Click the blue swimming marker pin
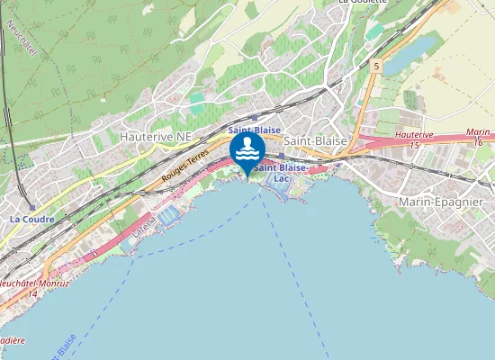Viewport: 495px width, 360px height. click(x=247, y=151)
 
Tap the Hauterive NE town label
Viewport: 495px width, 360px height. click(x=155, y=135)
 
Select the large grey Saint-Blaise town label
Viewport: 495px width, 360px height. click(x=316, y=141)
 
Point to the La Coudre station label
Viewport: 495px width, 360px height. click(x=31, y=219)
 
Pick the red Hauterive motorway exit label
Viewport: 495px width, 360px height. click(x=414, y=134)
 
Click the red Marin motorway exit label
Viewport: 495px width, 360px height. click(x=478, y=132)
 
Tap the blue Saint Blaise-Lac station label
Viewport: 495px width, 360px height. click(x=281, y=173)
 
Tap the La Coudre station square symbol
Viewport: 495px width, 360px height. click(x=32, y=207)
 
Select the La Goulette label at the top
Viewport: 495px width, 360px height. click(x=362, y=3)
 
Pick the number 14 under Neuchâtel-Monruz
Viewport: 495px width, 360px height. click(x=32, y=294)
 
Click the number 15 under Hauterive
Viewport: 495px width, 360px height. click(x=414, y=145)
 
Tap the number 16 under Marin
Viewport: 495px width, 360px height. click(x=478, y=142)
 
